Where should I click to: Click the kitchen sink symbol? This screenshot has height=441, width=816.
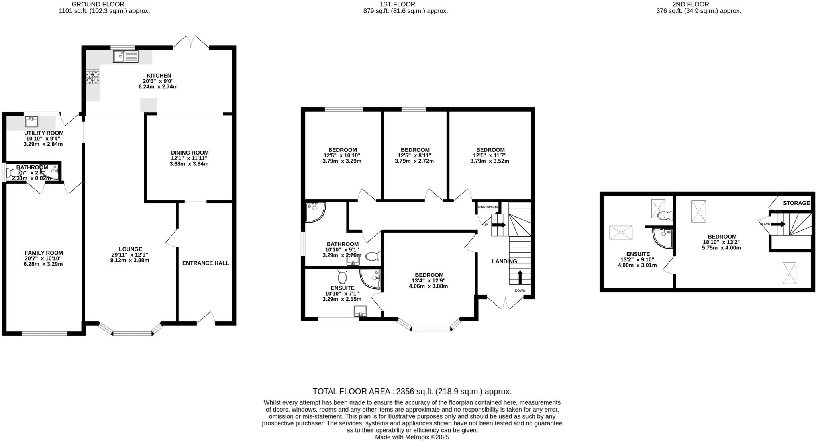(x=126, y=57)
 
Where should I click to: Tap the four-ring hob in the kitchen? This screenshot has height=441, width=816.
(x=92, y=77)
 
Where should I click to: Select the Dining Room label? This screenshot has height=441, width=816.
(x=189, y=153)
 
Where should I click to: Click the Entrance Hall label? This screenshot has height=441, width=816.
(x=206, y=263)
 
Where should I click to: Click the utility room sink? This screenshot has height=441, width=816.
(x=31, y=121)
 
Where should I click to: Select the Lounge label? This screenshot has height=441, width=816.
(x=130, y=249)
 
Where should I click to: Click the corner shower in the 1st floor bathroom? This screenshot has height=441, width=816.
(x=314, y=212)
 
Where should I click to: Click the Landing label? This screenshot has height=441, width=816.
(x=504, y=261)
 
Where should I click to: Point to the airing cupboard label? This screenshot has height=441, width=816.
(x=488, y=207)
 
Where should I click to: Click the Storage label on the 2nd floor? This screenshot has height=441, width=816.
(x=796, y=203)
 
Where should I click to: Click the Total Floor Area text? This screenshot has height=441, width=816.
(x=412, y=391)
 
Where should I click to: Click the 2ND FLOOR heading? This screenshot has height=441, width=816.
(x=696, y=4)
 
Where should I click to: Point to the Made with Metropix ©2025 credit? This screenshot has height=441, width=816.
(x=412, y=437)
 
